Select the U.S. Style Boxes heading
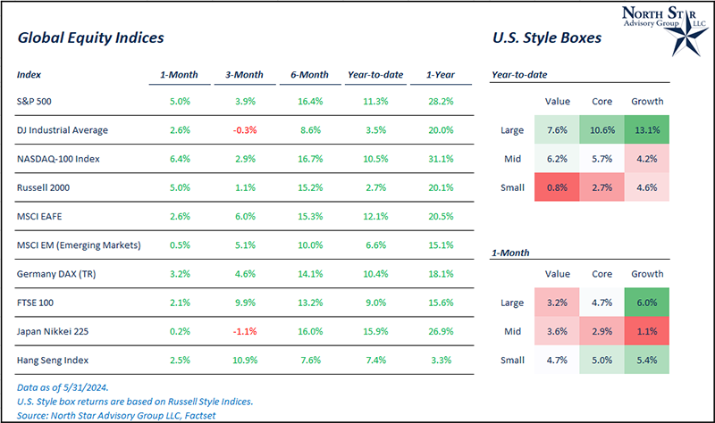click(x=546, y=38)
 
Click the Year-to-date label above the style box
click(x=520, y=76)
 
